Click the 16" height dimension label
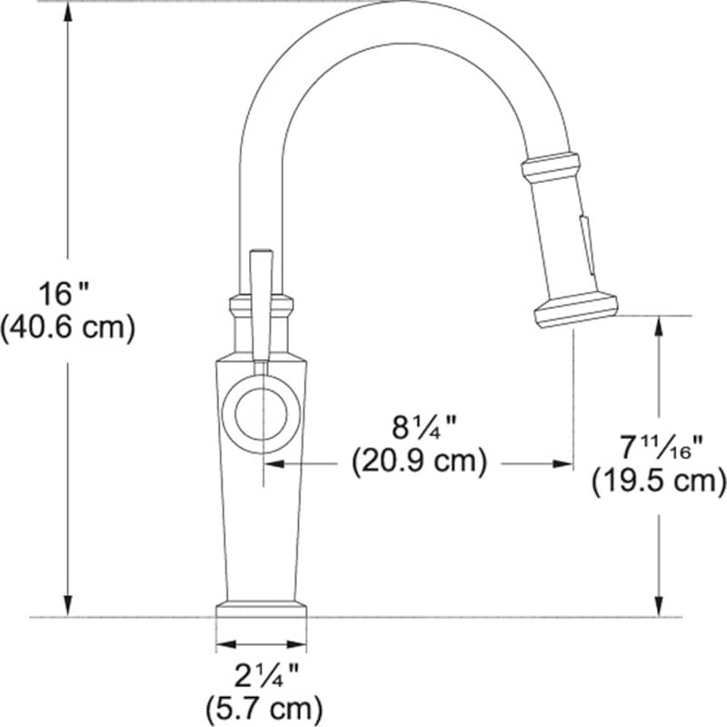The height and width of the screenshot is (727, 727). pyautogui.click(x=63, y=294)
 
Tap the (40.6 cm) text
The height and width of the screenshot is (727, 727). pyautogui.click(x=67, y=328)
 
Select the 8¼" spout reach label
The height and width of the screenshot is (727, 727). pyautogui.click(x=423, y=427)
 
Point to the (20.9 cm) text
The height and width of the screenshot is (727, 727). pyautogui.click(x=419, y=462)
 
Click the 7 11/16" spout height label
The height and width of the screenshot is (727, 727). pyautogui.click(x=662, y=447)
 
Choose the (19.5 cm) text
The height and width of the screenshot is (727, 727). pyautogui.click(x=659, y=482)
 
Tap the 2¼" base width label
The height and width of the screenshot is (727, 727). pyautogui.click(x=266, y=675)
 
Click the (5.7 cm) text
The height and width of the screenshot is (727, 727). pyautogui.click(x=264, y=709)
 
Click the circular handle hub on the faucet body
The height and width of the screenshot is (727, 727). pyautogui.click(x=262, y=413)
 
